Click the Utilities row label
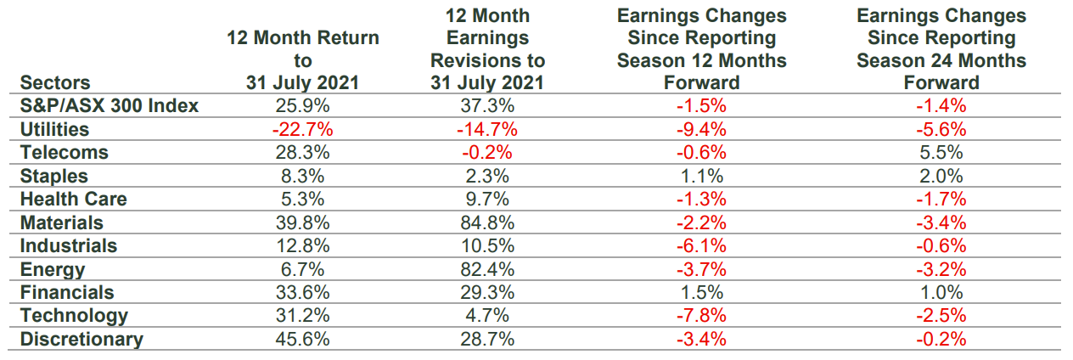click(x=54, y=129)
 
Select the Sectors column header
click(x=55, y=83)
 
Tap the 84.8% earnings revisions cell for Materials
click(x=487, y=222)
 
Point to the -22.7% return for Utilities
click(x=302, y=129)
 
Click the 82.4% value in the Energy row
click(x=487, y=269)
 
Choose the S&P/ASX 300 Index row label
click(x=110, y=106)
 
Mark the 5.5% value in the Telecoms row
click(x=941, y=153)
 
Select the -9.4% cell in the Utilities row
click(x=702, y=129)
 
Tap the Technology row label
click(x=74, y=316)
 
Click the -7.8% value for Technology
click(x=702, y=316)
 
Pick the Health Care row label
click(x=74, y=200)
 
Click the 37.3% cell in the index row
click(x=487, y=106)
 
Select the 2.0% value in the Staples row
click(x=941, y=176)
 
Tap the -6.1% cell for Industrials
click(x=702, y=246)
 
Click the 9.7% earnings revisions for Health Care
click(x=487, y=200)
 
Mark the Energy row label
click(x=53, y=269)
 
